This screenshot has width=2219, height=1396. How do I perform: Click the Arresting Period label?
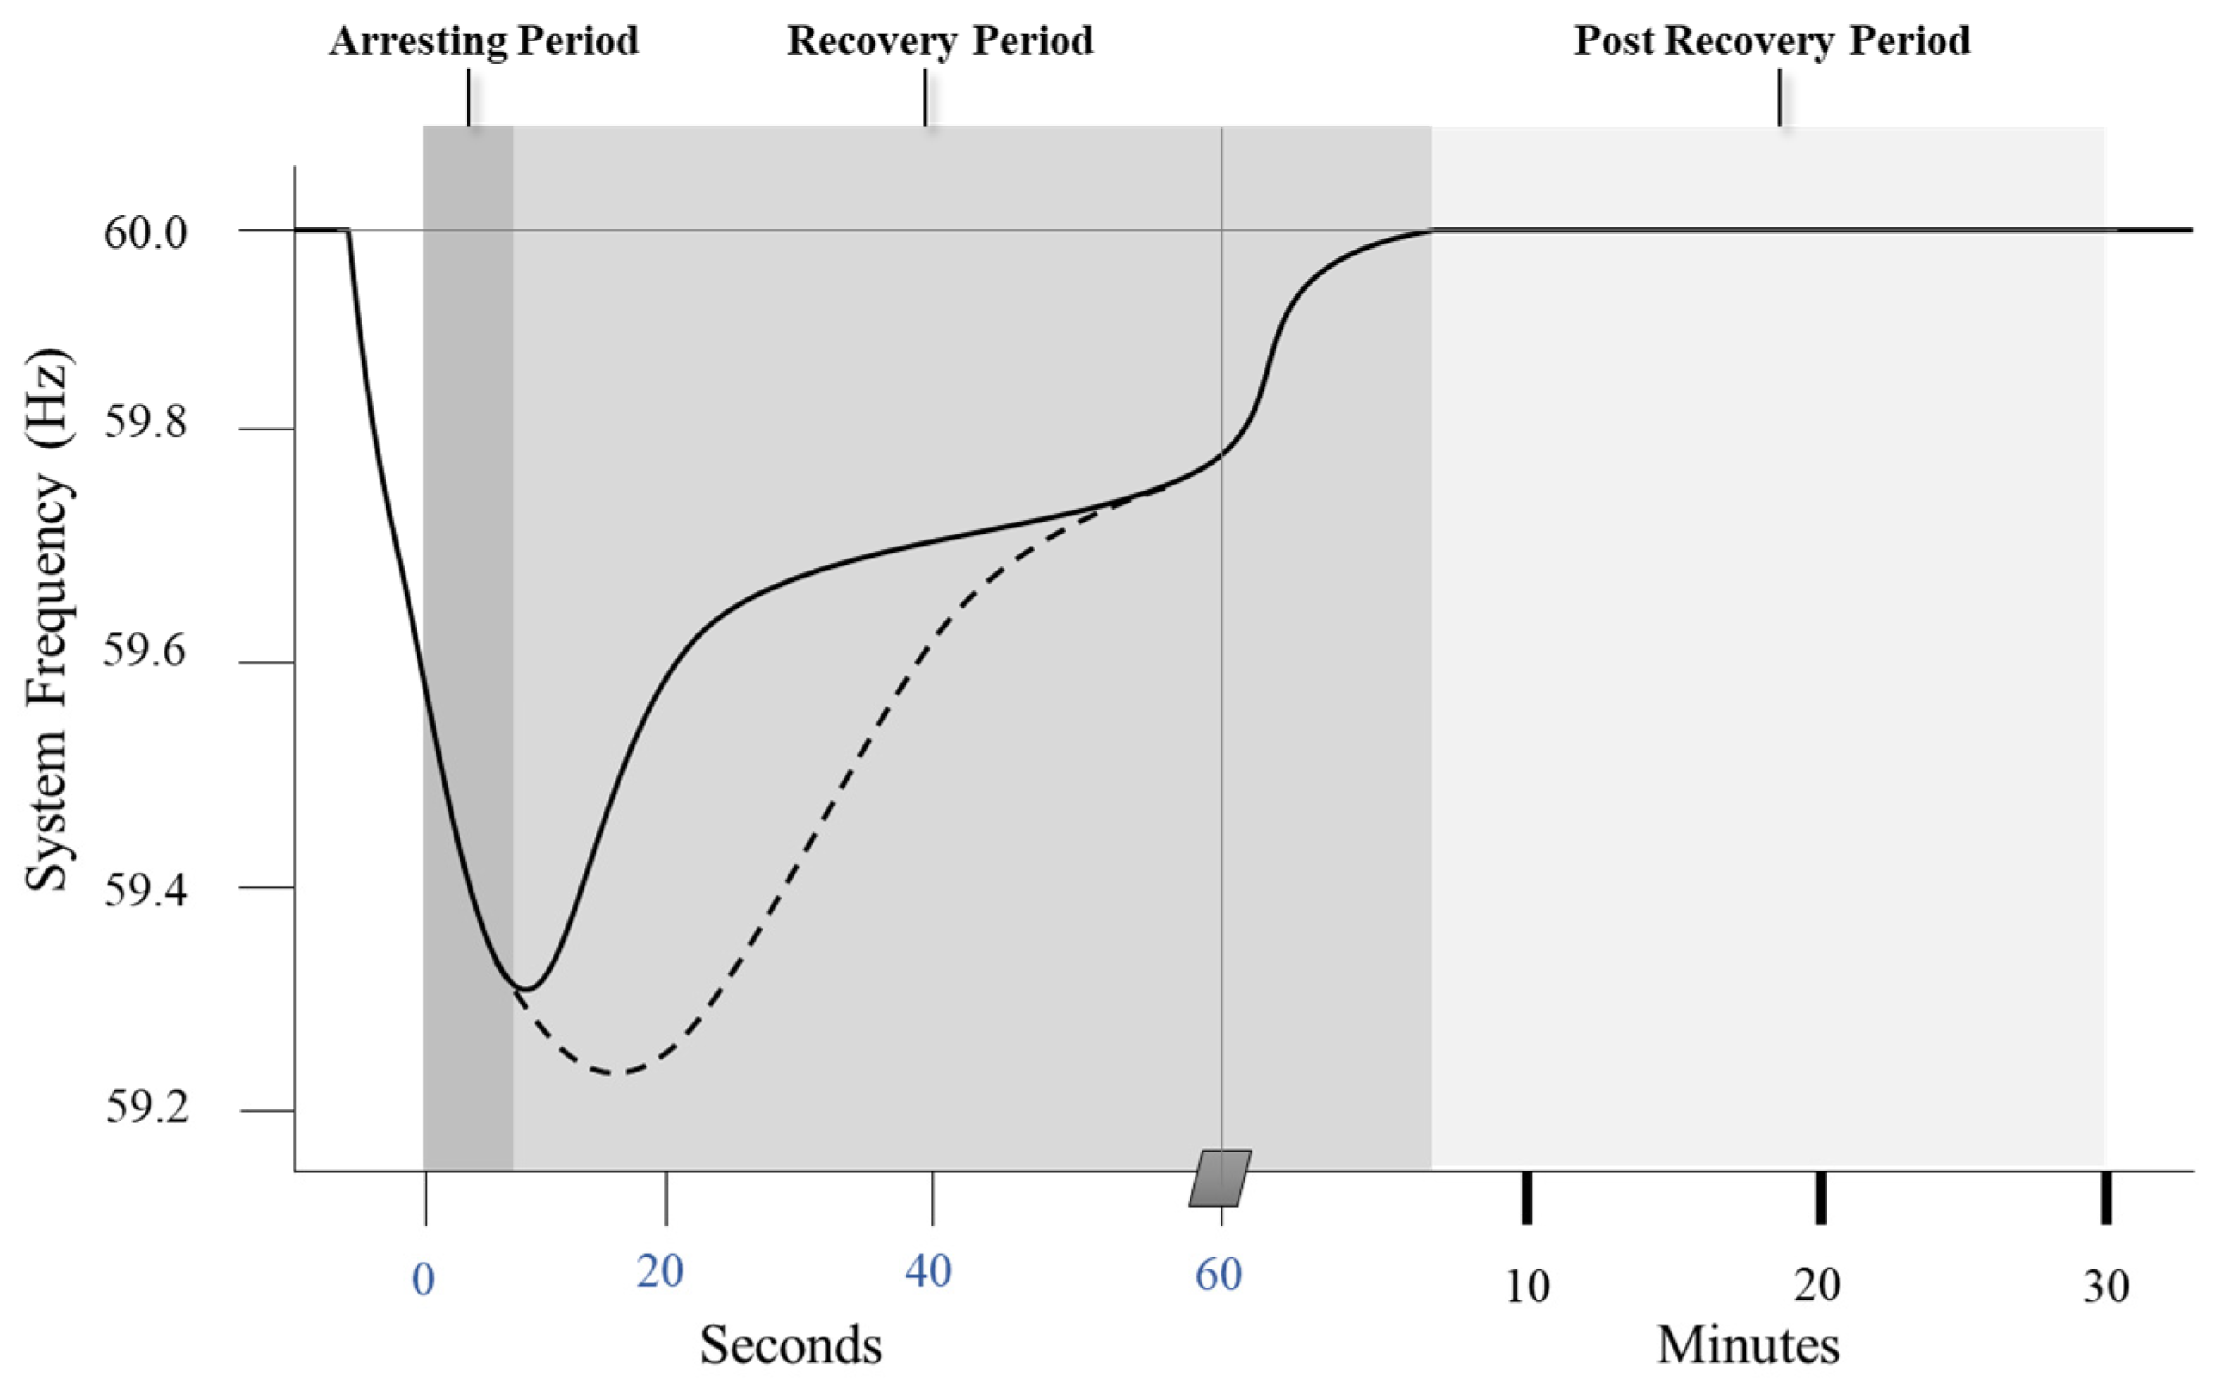(x=484, y=41)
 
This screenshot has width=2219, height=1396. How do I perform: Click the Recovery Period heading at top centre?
(x=940, y=41)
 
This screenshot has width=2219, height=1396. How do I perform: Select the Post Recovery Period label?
(x=1771, y=41)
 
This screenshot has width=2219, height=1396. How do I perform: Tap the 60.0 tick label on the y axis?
(x=145, y=232)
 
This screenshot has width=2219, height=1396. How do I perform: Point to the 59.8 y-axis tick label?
(x=145, y=422)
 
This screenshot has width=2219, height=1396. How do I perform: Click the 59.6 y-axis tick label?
(x=145, y=651)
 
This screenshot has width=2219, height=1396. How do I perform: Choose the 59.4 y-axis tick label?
(x=145, y=890)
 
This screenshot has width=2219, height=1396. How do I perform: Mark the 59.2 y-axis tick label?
(x=145, y=1107)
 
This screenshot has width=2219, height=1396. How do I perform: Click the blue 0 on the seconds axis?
(x=423, y=1280)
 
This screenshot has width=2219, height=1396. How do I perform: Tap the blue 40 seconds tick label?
(x=928, y=1271)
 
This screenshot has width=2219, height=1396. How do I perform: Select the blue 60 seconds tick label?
(x=1218, y=1275)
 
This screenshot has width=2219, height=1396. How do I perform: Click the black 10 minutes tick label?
(x=1527, y=1287)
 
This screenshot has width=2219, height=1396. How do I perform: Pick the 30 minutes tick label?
(x=2105, y=1287)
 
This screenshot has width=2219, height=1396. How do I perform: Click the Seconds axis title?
(x=791, y=1345)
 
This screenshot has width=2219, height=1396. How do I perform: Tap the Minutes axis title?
(x=1747, y=1345)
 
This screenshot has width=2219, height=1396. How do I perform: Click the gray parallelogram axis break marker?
(x=1220, y=1177)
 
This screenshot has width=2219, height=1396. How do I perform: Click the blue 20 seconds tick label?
(x=660, y=1271)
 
